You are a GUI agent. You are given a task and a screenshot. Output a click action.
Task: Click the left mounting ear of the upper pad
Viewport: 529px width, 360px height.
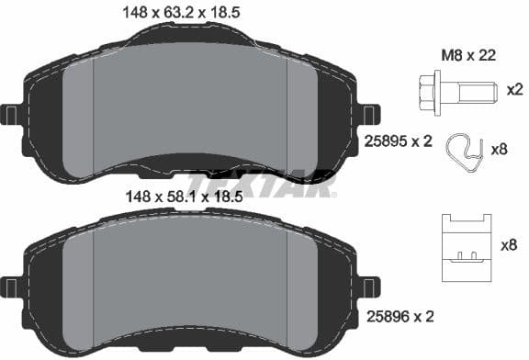pos(12,115)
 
